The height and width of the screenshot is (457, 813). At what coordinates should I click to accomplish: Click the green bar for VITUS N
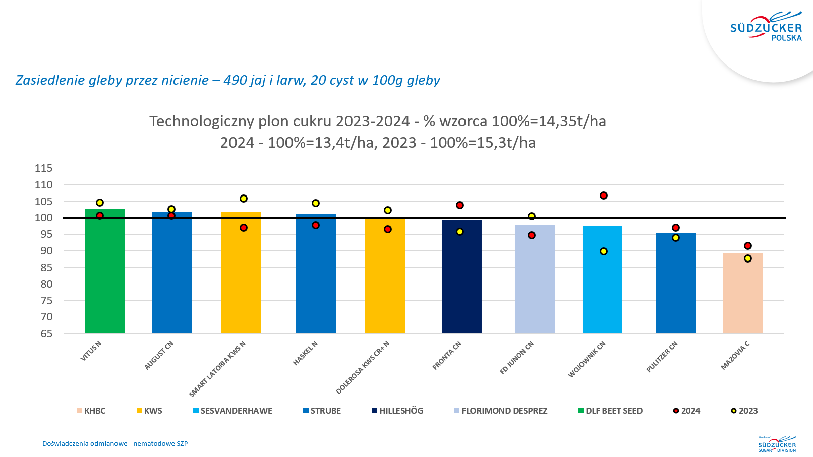[104, 272]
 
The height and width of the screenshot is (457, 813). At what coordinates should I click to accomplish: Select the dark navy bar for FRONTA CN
[461, 277]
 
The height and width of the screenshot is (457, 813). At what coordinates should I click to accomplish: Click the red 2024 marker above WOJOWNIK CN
[604, 195]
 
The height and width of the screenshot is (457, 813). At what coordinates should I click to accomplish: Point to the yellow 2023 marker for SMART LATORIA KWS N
[244, 199]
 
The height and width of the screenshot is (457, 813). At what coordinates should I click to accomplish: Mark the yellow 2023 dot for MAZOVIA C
[748, 258]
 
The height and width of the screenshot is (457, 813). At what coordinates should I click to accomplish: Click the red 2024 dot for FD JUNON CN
[532, 235]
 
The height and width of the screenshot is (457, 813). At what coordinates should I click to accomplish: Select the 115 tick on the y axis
[44, 168]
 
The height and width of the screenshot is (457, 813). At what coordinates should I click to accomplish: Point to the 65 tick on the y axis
[46, 334]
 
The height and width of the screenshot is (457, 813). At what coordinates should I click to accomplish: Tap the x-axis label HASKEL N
[305, 353]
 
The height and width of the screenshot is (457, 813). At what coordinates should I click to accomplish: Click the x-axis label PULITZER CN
[662, 357]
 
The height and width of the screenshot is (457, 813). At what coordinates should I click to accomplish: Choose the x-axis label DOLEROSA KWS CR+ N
[363, 367]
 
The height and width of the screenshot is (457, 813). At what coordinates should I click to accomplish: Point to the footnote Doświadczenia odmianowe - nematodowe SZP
[115, 444]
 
